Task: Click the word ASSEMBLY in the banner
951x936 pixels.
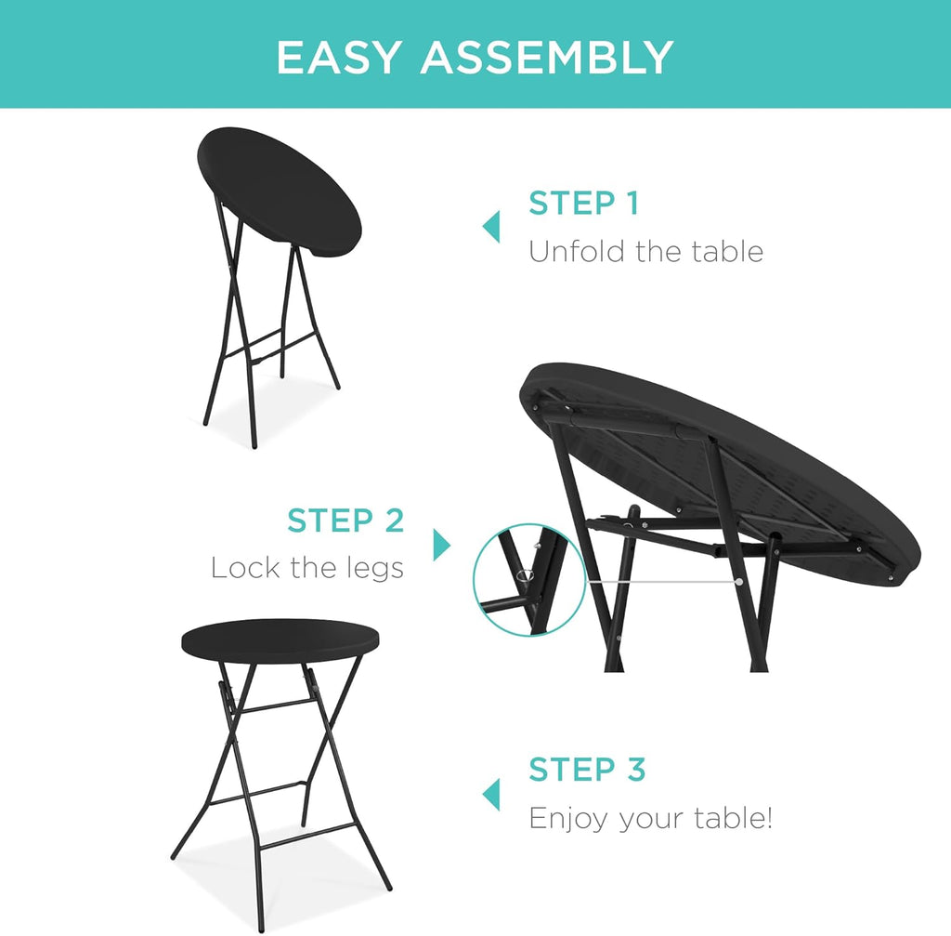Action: tap(546, 58)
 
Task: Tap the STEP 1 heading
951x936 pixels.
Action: tap(583, 204)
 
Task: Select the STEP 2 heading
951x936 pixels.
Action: tap(345, 521)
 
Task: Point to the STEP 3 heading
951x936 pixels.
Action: tap(587, 770)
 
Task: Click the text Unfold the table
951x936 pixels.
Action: tap(645, 251)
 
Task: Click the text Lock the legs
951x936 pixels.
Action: tap(307, 568)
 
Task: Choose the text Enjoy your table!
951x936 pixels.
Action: tap(650, 819)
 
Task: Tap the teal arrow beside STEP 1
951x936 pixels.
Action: tap(490, 226)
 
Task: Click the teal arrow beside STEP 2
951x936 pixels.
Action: tap(441, 545)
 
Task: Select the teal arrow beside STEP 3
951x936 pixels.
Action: tap(490, 795)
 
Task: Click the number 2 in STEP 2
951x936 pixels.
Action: tap(393, 521)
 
